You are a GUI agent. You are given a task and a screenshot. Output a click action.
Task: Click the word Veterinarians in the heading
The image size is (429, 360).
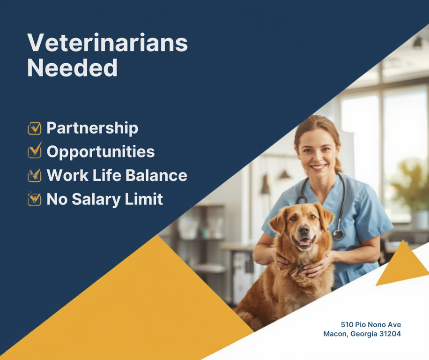(108, 43)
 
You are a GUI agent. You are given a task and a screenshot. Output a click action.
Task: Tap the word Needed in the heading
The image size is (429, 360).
(73, 67)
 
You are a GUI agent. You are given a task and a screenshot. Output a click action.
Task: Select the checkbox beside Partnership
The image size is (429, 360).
(35, 128)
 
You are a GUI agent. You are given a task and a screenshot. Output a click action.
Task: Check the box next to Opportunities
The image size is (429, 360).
(35, 150)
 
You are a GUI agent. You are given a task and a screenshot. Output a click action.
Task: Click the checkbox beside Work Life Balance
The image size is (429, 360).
(35, 175)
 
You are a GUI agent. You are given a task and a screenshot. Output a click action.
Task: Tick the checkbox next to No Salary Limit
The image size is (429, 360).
(35, 199)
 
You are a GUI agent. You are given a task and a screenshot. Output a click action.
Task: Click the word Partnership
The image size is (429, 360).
(92, 128)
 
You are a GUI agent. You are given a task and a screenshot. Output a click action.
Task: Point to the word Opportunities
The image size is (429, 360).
(101, 152)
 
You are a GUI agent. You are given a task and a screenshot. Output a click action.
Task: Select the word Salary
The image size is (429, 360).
(96, 200)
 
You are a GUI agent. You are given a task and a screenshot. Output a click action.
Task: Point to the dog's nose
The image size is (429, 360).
(303, 230)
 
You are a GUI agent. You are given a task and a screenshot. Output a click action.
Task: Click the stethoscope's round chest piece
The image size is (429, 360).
(338, 234)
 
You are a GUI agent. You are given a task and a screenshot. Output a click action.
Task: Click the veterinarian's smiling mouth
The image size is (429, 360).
(318, 166)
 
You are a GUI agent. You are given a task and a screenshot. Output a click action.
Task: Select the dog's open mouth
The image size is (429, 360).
(303, 243)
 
